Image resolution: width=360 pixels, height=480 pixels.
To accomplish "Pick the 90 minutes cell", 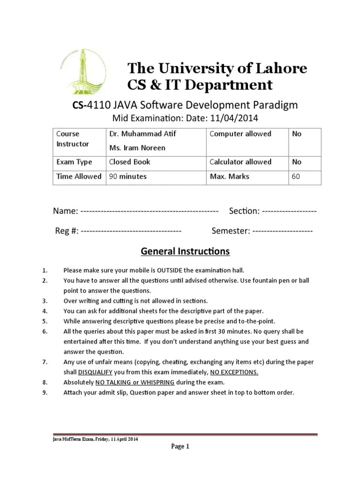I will [x=128, y=177].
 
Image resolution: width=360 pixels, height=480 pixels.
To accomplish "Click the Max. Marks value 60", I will [x=296, y=177].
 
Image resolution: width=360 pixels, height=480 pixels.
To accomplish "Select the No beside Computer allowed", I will [x=297, y=134].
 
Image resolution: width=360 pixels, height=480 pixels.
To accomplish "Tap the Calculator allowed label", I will [x=240, y=162].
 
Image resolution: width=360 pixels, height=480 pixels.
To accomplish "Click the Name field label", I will [x=65, y=211].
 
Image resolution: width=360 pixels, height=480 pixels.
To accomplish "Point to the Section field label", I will [x=244, y=211].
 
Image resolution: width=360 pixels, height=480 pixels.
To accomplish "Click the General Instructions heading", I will [x=185, y=252].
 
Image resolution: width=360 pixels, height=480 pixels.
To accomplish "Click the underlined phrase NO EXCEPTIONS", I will [x=234, y=372].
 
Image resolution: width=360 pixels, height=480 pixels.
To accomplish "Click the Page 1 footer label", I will [x=180, y=447].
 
